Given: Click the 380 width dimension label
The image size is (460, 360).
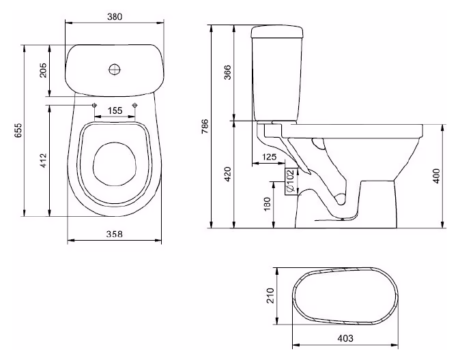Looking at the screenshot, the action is pyautogui.click(x=115, y=17).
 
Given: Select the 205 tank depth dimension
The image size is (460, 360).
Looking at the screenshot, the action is pyautogui.click(x=43, y=70).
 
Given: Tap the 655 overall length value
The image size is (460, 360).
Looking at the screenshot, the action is pyautogui.click(x=18, y=130).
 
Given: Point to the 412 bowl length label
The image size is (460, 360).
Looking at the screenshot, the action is pyautogui.click(x=43, y=161).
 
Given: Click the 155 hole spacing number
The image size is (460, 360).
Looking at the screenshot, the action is pyautogui.click(x=115, y=111).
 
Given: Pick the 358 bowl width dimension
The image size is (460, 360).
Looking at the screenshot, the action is pyautogui.click(x=115, y=235).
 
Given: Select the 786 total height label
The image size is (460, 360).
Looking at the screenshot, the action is pyautogui.click(x=205, y=126).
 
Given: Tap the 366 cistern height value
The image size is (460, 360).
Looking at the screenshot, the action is pyautogui.click(x=227, y=72).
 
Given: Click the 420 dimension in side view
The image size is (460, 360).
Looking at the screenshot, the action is pyautogui.click(x=227, y=174).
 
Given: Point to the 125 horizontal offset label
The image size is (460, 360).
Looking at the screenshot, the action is pyautogui.click(x=269, y=157).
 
